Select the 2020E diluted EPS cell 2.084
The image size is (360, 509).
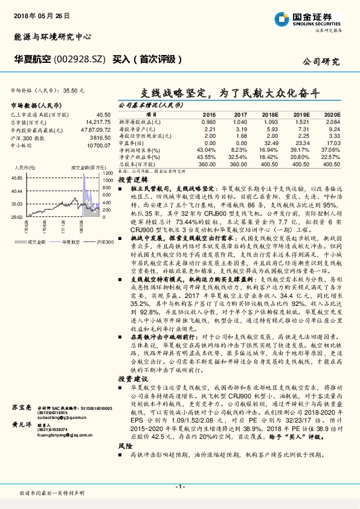332,121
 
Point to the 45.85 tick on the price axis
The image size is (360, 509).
16,179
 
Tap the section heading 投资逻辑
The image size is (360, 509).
129,180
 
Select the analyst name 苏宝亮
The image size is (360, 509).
22,408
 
